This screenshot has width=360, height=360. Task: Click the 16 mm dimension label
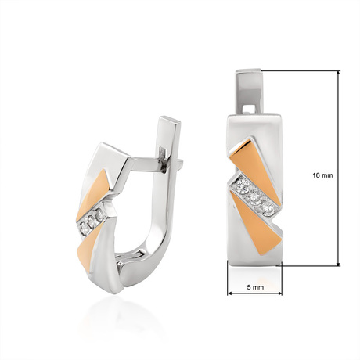click(322, 175)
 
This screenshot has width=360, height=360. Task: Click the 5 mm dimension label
click(255, 287)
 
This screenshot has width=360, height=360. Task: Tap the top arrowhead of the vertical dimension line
click(338, 73)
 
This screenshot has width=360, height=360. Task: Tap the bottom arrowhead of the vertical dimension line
click(338, 263)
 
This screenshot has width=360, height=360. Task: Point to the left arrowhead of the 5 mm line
click(230, 293)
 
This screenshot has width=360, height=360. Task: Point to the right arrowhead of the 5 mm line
click(279, 293)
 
